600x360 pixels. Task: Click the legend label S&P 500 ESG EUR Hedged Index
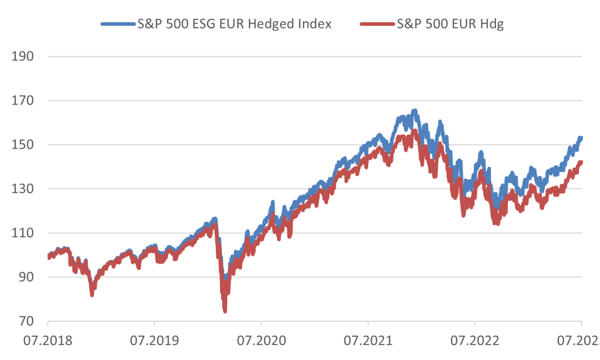coord(234,24)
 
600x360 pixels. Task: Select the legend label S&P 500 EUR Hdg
coord(450,24)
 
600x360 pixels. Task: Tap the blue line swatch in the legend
coord(117,24)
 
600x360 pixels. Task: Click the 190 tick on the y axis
coord(23,56)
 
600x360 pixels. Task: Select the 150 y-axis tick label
coord(23,145)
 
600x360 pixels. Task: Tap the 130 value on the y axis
coord(23,189)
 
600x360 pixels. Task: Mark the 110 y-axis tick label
coord(23,233)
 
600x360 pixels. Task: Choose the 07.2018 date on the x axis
coord(48,339)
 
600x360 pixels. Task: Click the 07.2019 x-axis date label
coord(154,339)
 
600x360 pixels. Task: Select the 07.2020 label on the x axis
coord(261,339)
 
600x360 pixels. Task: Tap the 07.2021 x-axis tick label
coord(368,339)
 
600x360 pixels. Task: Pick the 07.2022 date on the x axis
coord(475,339)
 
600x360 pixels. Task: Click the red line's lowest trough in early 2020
coord(225,311)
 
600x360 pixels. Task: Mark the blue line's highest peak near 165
coord(415,111)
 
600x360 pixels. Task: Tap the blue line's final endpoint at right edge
coord(581,138)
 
